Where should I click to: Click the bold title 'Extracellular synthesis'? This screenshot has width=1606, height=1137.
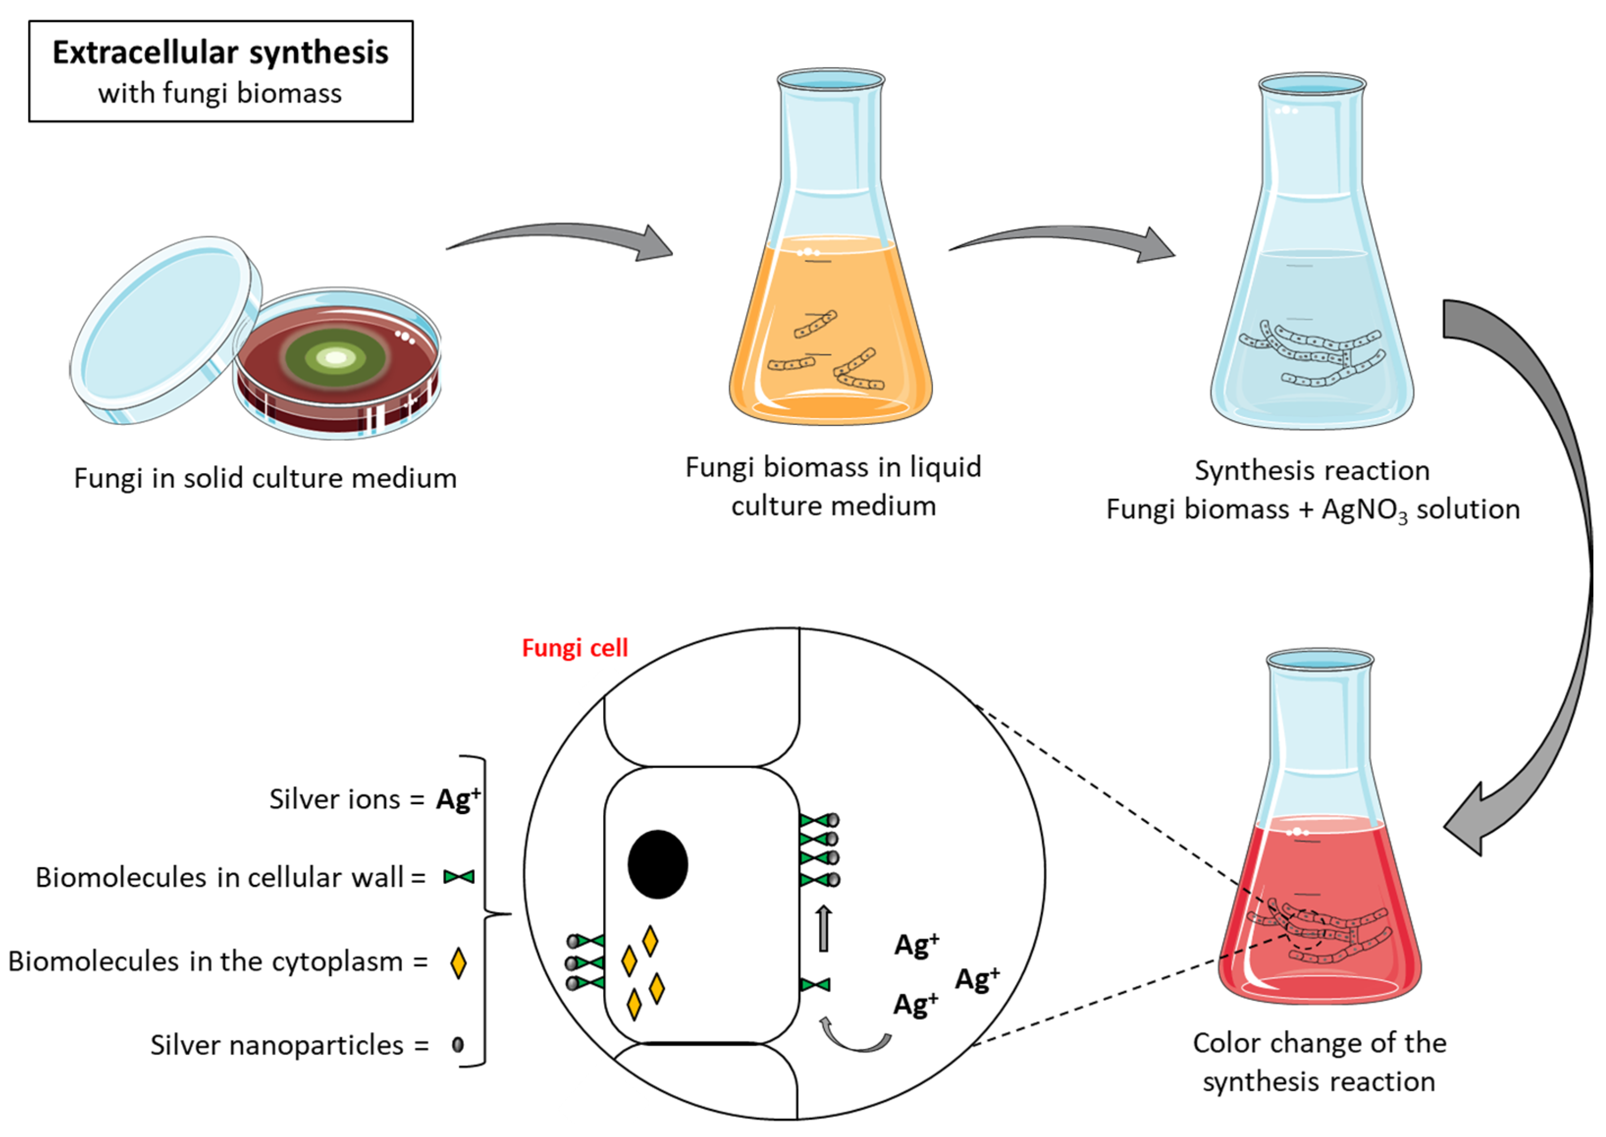[220, 53]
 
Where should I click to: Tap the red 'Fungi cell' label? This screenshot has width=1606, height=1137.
[575, 648]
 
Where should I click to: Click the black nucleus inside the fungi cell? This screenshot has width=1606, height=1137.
[658, 864]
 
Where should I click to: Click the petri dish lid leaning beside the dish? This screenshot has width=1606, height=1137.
[164, 329]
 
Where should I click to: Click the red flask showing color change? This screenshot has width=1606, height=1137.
[1319, 910]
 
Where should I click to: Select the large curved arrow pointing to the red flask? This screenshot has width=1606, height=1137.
[1533, 560]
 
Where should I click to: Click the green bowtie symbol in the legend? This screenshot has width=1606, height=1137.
[459, 876]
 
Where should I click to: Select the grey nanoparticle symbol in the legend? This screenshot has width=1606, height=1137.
[458, 1045]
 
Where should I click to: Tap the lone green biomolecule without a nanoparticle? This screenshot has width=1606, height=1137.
[815, 985]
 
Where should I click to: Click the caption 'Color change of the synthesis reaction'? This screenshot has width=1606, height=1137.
[1319, 1062]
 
